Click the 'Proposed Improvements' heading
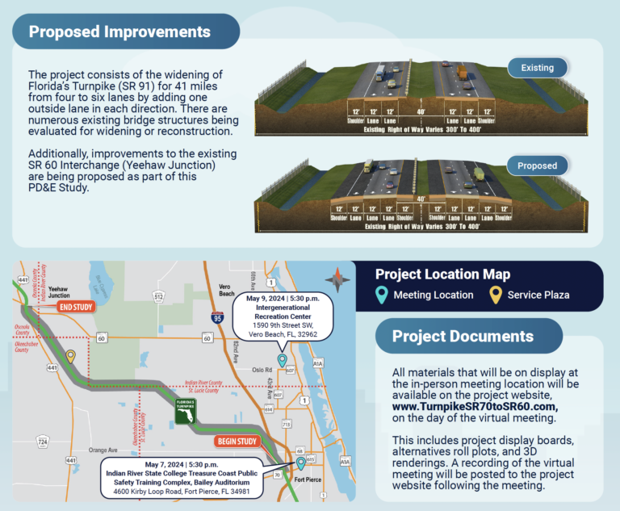coord(119,32)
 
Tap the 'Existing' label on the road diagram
coord(538,68)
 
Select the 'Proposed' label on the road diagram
coord(538,166)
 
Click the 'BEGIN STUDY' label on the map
coord(236,442)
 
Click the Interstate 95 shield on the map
coord(221,320)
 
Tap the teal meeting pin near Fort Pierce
coord(301,463)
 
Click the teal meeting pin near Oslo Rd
coord(282,359)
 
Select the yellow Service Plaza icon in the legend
coord(495,295)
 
